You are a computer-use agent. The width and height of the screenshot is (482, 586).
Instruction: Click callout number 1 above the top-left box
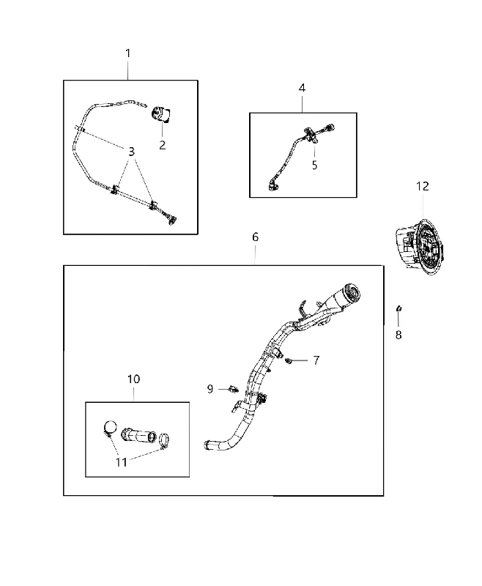click(127, 53)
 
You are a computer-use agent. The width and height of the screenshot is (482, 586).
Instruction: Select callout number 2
click(162, 145)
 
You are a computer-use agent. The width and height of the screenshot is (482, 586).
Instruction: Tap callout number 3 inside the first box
click(131, 152)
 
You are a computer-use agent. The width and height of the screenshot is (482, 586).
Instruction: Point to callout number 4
click(302, 88)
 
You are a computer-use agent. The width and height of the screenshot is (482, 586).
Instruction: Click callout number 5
click(314, 166)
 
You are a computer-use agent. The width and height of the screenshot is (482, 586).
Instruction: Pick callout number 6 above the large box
click(255, 237)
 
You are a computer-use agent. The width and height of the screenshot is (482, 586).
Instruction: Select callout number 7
click(316, 360)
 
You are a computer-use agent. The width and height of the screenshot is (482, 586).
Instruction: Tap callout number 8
click(398, 335)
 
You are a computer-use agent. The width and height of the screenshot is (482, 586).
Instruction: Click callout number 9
click(210, 389)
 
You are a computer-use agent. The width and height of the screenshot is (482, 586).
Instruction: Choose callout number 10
click(133, 379)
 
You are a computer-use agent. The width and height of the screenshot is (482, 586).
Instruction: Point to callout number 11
click(122, 462)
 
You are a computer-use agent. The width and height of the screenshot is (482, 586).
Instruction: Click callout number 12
click(423, 186)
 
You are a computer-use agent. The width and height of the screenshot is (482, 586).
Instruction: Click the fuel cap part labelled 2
click(160, 114)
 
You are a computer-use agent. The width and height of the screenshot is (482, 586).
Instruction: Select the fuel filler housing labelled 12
click(420, 247)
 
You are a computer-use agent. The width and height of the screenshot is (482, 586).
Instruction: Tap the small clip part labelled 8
click(398, 308)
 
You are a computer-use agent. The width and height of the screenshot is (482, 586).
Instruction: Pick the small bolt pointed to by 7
click(288, 360)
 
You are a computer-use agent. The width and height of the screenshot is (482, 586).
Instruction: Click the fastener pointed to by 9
click(234, 389)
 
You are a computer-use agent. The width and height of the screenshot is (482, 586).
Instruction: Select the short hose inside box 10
click(138, 436)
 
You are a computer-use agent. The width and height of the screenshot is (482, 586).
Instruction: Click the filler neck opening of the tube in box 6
click(352, 291)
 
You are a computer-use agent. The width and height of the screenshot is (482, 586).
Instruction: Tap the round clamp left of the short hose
click(110, 428)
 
